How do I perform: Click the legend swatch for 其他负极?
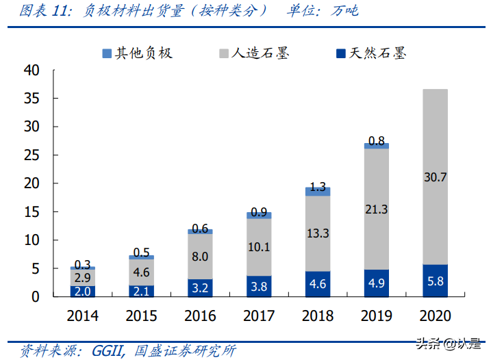[107, 53]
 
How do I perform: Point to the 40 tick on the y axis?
[32, 70]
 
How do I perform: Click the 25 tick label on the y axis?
[32, 155]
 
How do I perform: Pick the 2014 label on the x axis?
[82, 316]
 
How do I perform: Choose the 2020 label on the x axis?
[435, 316]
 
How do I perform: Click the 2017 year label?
[259, 316]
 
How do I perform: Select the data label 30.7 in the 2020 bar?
[435, 177]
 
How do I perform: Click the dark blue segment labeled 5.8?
[435, 281]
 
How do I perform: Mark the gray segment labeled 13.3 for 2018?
[318, 233]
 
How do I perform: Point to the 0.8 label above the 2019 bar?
[376, 141]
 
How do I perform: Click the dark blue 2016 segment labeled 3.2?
[200, 287]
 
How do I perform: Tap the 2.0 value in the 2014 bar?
[82, 291]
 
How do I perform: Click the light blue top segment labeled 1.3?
[318, 192]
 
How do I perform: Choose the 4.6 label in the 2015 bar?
[141, 272]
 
